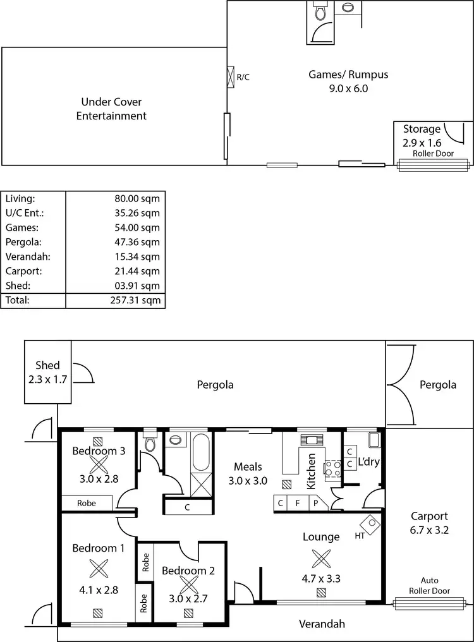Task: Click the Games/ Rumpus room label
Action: [x=348, y=82]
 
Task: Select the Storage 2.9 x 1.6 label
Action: [x=422, y=136]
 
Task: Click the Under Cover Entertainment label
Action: [x=111, y=109]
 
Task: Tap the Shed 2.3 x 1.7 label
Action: [x=47, y=372]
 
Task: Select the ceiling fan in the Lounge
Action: [x=321, y=558]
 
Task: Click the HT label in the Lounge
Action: [x=359, y=536]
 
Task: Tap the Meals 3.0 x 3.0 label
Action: [x=247, y=473]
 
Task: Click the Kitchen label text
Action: [x=311, y=471]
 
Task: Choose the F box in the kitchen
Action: [x=297, y=504]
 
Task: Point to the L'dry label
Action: [x=368, y=462]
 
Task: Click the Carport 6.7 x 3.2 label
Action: [x=429, y=523]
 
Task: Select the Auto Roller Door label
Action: [x=429, y=586]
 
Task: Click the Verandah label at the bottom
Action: [x=322, y=624]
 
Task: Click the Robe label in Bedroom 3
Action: [x=87, y=504]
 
